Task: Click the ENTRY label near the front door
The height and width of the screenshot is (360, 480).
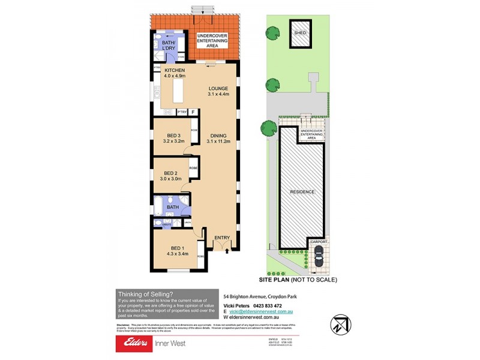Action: [x=222, y=238]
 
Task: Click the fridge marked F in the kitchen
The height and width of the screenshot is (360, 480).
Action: [x=193, y=112]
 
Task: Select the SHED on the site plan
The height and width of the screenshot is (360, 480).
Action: [x=299, y=32]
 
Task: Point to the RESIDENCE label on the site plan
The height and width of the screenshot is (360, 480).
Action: [x=302, y=192]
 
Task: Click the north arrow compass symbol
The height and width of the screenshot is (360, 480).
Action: [x=340, y=323]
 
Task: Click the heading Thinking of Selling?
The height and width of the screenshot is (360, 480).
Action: [x=146, y=293]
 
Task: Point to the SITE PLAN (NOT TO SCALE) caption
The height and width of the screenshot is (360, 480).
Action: [x=298, y=280]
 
